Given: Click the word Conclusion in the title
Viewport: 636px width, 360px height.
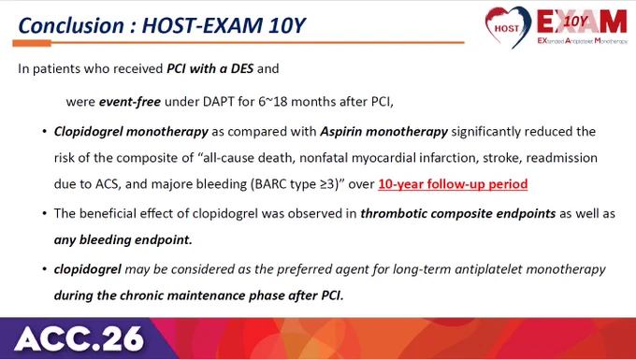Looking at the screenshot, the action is (71, 25).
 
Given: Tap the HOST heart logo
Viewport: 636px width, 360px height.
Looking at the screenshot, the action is (508, 27).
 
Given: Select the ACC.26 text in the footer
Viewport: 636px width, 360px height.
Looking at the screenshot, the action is (79, 338).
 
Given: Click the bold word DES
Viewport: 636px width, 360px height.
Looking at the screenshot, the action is (242, 68).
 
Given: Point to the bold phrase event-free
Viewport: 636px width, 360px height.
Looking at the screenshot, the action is (130, 101).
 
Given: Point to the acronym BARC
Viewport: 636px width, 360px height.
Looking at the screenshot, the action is (270, 184).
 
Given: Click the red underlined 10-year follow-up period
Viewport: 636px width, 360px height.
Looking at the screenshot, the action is (453, 184).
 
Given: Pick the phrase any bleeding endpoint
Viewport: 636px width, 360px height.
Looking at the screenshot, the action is (123, 240).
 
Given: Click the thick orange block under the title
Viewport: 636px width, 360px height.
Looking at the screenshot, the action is (32, 43).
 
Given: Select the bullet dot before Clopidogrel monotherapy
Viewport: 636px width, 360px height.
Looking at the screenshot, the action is (45, 132).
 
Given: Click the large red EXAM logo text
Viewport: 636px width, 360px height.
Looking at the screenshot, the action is (582, 22).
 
